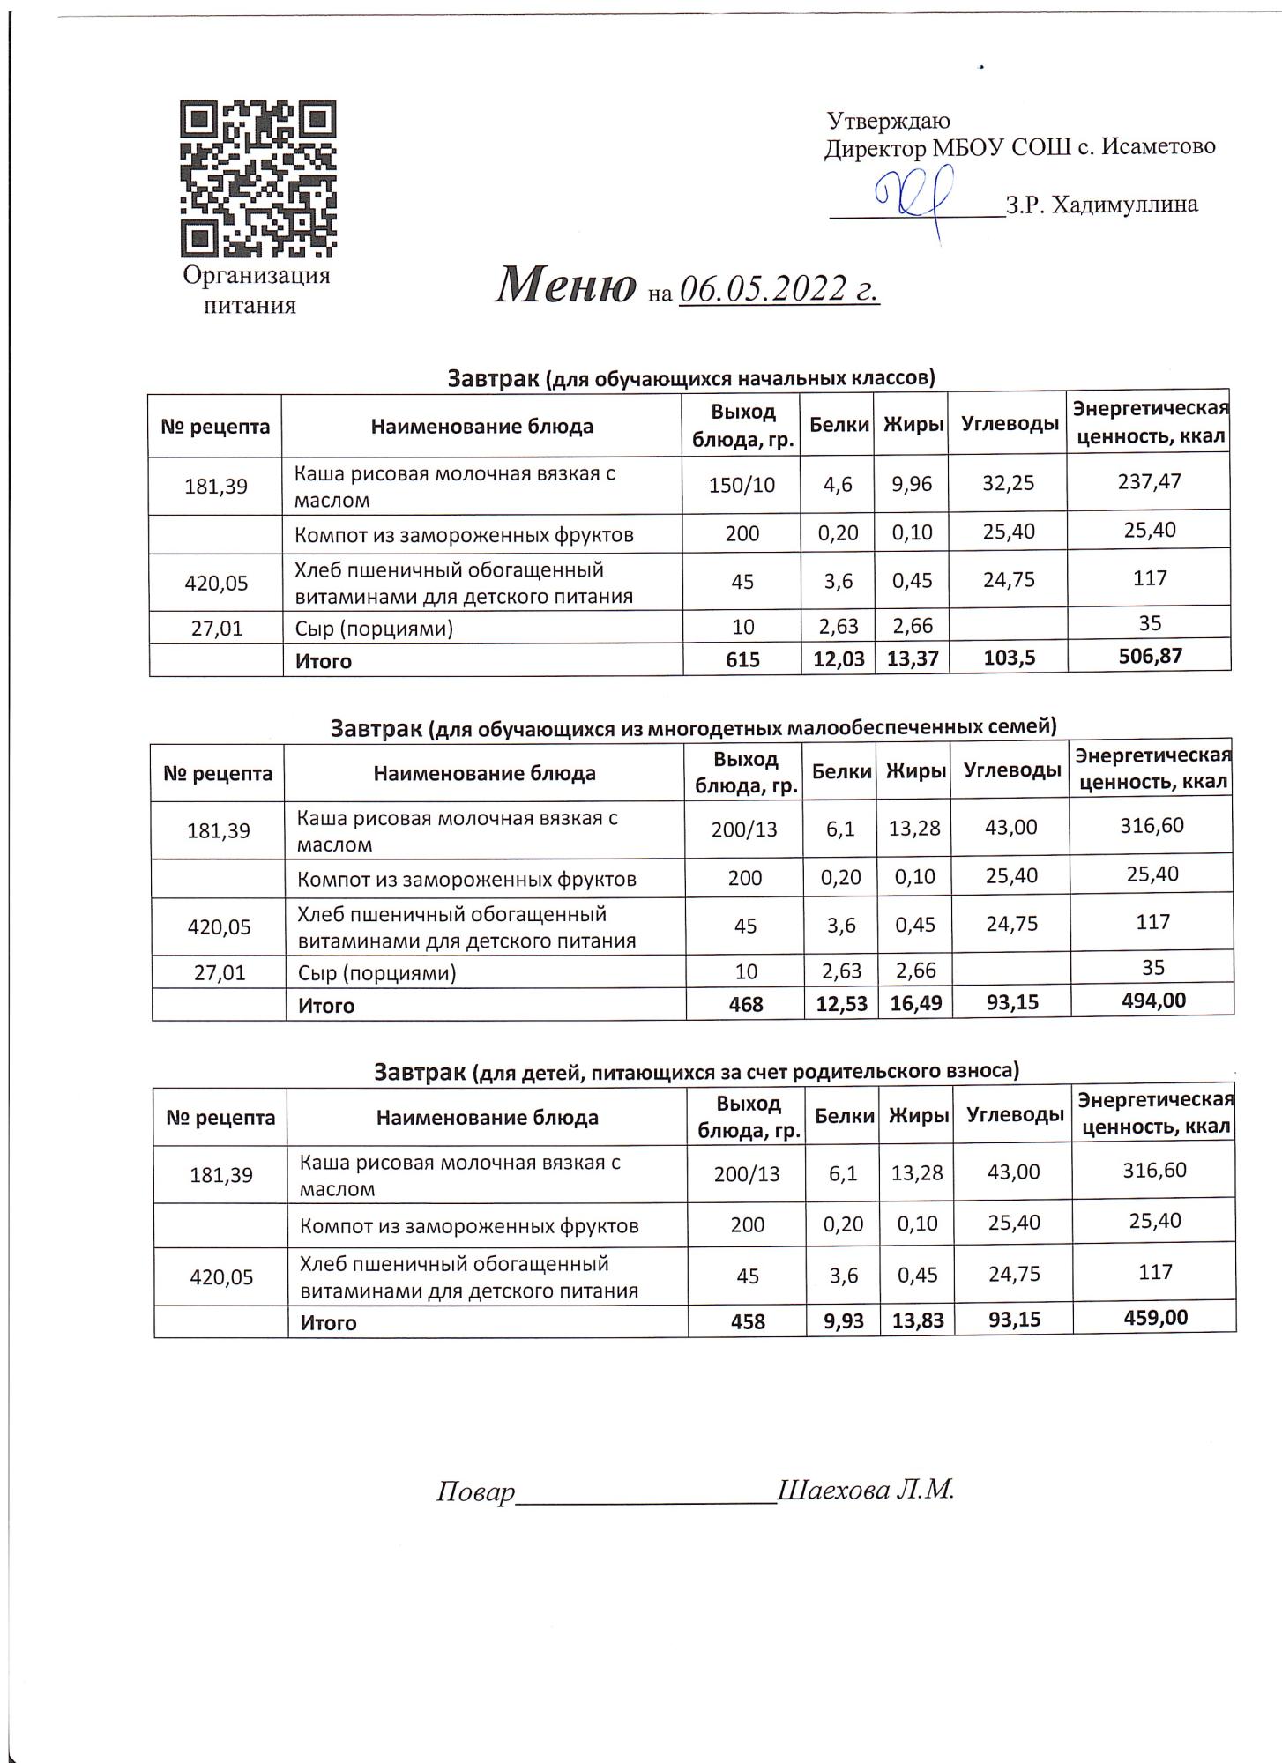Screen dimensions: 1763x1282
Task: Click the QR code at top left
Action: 258,178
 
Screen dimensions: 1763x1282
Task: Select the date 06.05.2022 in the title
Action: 779,288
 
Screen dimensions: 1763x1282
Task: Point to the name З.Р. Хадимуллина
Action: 1101,205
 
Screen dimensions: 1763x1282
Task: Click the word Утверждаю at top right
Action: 888,121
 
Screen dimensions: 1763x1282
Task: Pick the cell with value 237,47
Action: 1148,481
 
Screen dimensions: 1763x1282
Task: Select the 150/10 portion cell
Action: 742,484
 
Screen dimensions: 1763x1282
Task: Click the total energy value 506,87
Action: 1148,656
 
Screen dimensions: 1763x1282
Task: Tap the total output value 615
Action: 742,659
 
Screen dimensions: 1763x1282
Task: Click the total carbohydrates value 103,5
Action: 1008,658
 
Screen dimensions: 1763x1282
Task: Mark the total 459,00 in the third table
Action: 1155,1317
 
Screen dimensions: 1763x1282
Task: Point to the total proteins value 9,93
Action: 843,1320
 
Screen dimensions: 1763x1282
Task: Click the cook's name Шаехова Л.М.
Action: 866,1490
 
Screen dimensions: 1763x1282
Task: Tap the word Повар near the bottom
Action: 475,1491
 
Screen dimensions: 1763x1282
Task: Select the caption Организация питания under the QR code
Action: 256,290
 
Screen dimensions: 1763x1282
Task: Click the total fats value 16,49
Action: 915,1002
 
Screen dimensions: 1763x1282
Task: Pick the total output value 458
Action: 748,1321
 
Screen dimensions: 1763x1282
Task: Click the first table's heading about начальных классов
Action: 690,378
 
